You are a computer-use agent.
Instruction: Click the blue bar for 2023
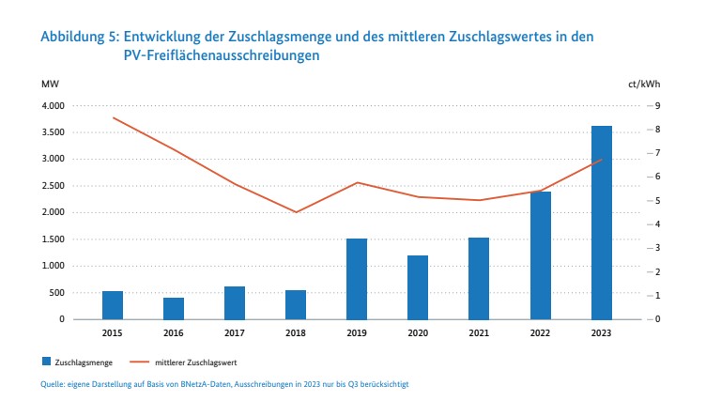pos(601,223)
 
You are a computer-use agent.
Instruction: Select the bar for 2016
pos(174,308)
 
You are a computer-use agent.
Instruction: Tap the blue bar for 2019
pos(357,279)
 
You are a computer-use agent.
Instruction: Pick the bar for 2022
pos(540,255)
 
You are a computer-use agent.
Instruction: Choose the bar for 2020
pos(418,287)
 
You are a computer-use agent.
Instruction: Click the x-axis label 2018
pos(296,332)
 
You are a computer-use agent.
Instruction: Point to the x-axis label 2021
pos(479,332)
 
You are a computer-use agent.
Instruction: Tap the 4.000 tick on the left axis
pos(52,105)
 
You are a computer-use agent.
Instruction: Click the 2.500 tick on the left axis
pos(52,186)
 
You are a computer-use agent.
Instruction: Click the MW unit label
pos(49,84)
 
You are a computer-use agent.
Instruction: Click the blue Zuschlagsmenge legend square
pos(45,361)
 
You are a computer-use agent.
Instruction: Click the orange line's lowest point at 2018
pos(296,212)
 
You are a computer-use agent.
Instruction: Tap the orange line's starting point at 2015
pos(113,117)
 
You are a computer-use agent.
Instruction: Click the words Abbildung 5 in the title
pos(79,37)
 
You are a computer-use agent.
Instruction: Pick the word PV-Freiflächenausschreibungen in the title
pos(222,56)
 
